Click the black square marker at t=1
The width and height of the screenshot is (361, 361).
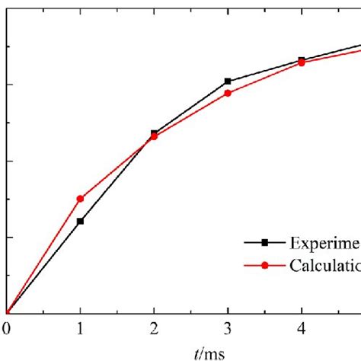(80, 221)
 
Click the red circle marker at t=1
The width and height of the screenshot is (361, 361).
(80, 198)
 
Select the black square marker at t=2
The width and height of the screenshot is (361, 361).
(154, 133)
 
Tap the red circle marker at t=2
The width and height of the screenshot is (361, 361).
(154, 137)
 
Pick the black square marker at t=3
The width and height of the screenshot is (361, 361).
(228, 81)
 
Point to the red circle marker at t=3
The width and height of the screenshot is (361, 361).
(228, 93)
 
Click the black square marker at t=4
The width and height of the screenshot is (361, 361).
(302, 59)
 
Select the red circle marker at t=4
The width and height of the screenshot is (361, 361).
(302, 63)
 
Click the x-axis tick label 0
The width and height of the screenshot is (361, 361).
(6, 329)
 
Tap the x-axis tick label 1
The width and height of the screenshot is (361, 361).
(80, 329)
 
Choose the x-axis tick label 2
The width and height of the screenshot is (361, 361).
(154, 329)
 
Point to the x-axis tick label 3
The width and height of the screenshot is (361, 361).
(228, 329)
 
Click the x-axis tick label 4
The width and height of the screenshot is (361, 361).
(302, 329)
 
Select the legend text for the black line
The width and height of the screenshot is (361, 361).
(324, 243)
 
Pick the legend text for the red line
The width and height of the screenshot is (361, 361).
(324, 266)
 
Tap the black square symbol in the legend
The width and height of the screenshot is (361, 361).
(264, 243)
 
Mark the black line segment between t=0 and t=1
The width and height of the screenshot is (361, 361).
(43, 267)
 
